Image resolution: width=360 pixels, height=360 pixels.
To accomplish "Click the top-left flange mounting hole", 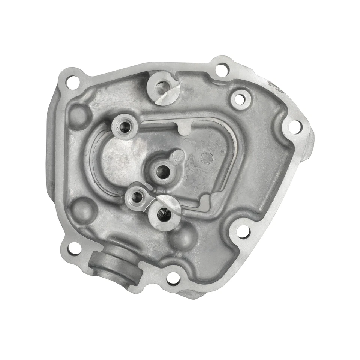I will pyautogui.click(x=70, y=79).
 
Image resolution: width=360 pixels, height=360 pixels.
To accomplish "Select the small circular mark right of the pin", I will pyautogui.click(x=207, y=158).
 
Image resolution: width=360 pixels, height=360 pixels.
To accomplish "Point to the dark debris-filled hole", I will pyautogui.click(x=165, y=214).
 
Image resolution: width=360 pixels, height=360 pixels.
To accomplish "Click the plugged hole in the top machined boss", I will pyautogui.click(x=162, y=87).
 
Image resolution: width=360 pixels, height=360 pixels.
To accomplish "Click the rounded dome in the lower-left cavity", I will pyautogui.click(x=84, y=209).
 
